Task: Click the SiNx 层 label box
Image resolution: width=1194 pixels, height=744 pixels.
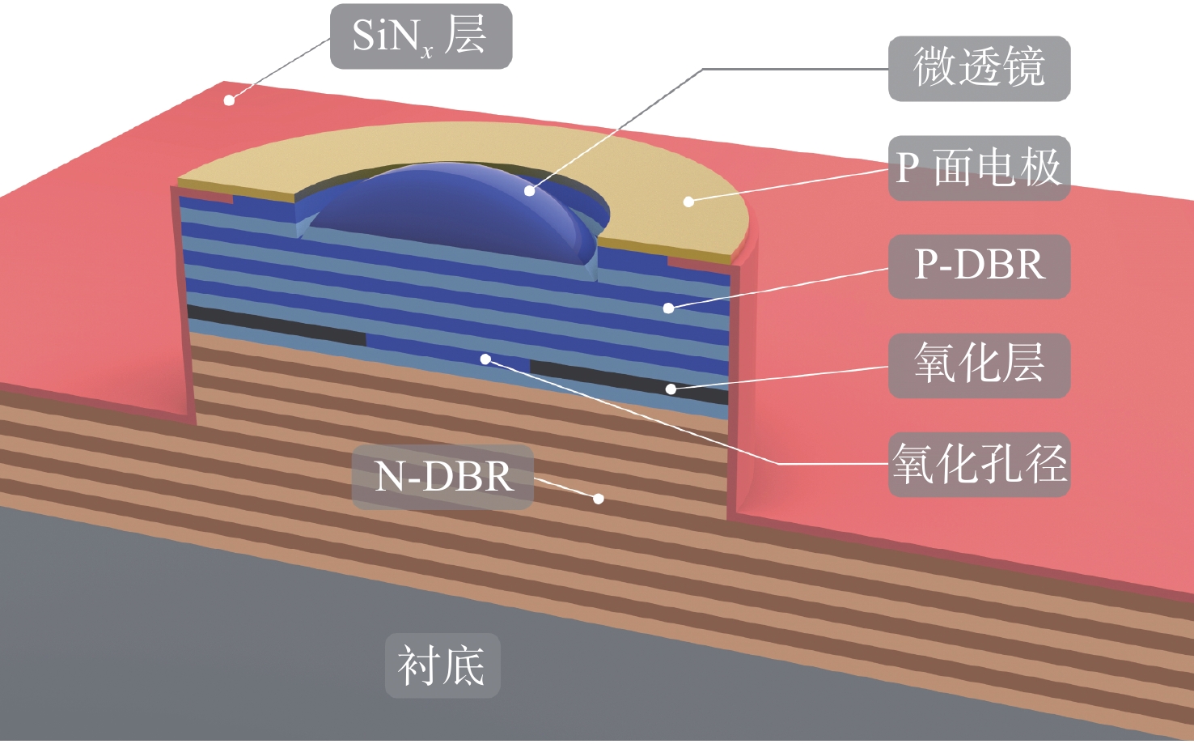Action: point(421,36)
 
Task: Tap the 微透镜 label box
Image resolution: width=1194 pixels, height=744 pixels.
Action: point(979,69)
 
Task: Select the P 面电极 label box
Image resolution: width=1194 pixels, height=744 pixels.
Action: point(979,168)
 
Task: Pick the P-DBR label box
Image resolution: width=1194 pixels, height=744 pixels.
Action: point(979,266)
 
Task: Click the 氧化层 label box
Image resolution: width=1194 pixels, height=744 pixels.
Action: point(979,365)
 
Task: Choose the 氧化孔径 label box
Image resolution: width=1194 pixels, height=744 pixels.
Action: point(979,465)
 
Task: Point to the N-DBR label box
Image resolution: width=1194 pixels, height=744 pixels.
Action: point(442,477)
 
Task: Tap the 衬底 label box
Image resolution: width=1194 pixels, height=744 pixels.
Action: point(442,665)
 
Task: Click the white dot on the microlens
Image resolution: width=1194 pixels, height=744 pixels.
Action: point(529,191)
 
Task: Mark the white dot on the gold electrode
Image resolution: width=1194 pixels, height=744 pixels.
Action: point(688,202)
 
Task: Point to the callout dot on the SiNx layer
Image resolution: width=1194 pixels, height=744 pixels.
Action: point(229,100)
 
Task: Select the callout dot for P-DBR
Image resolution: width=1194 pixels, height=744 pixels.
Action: point(668,308)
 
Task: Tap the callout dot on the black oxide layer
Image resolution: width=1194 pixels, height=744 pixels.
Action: point(671,389)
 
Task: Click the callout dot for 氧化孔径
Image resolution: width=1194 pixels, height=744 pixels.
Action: point(485,359)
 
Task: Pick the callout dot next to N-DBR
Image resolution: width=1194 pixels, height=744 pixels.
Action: point(599,499)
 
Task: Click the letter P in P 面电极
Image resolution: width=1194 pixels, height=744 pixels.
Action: point(908,168)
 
